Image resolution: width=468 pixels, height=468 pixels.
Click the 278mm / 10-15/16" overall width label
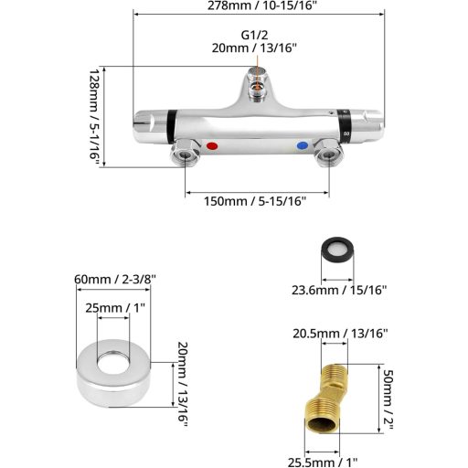258,6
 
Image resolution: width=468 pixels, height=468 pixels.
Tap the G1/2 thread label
256,35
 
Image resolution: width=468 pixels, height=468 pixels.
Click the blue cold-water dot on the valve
303,145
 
